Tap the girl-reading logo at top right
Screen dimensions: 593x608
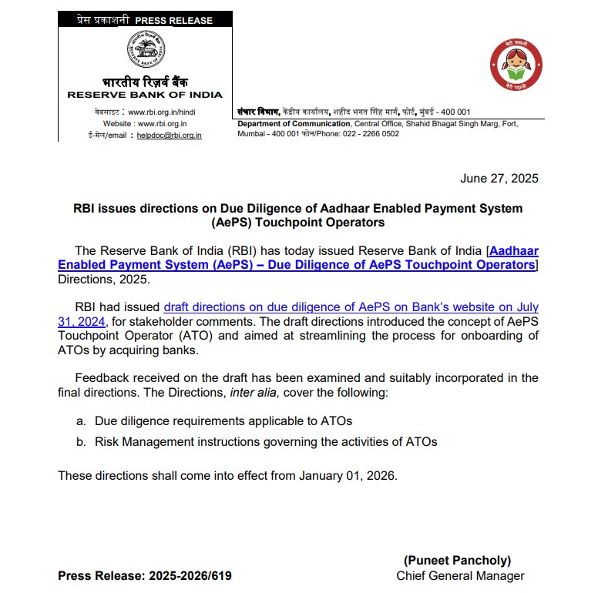(x=516, y=65)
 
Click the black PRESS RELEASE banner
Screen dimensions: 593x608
(x=145, y=20)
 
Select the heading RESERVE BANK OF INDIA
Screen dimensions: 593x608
(x=145, y=95)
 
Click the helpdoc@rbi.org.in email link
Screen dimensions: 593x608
(x=170, y=135)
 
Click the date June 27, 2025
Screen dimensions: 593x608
(x=499, y=179)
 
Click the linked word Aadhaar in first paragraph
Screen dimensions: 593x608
(x=514, y=251)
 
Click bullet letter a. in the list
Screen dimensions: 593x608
(x=81, y=421)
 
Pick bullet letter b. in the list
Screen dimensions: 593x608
(x=81, y=441)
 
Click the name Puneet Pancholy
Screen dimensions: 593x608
(x=457, y=561)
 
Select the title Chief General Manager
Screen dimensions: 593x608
(x=460, y=576)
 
